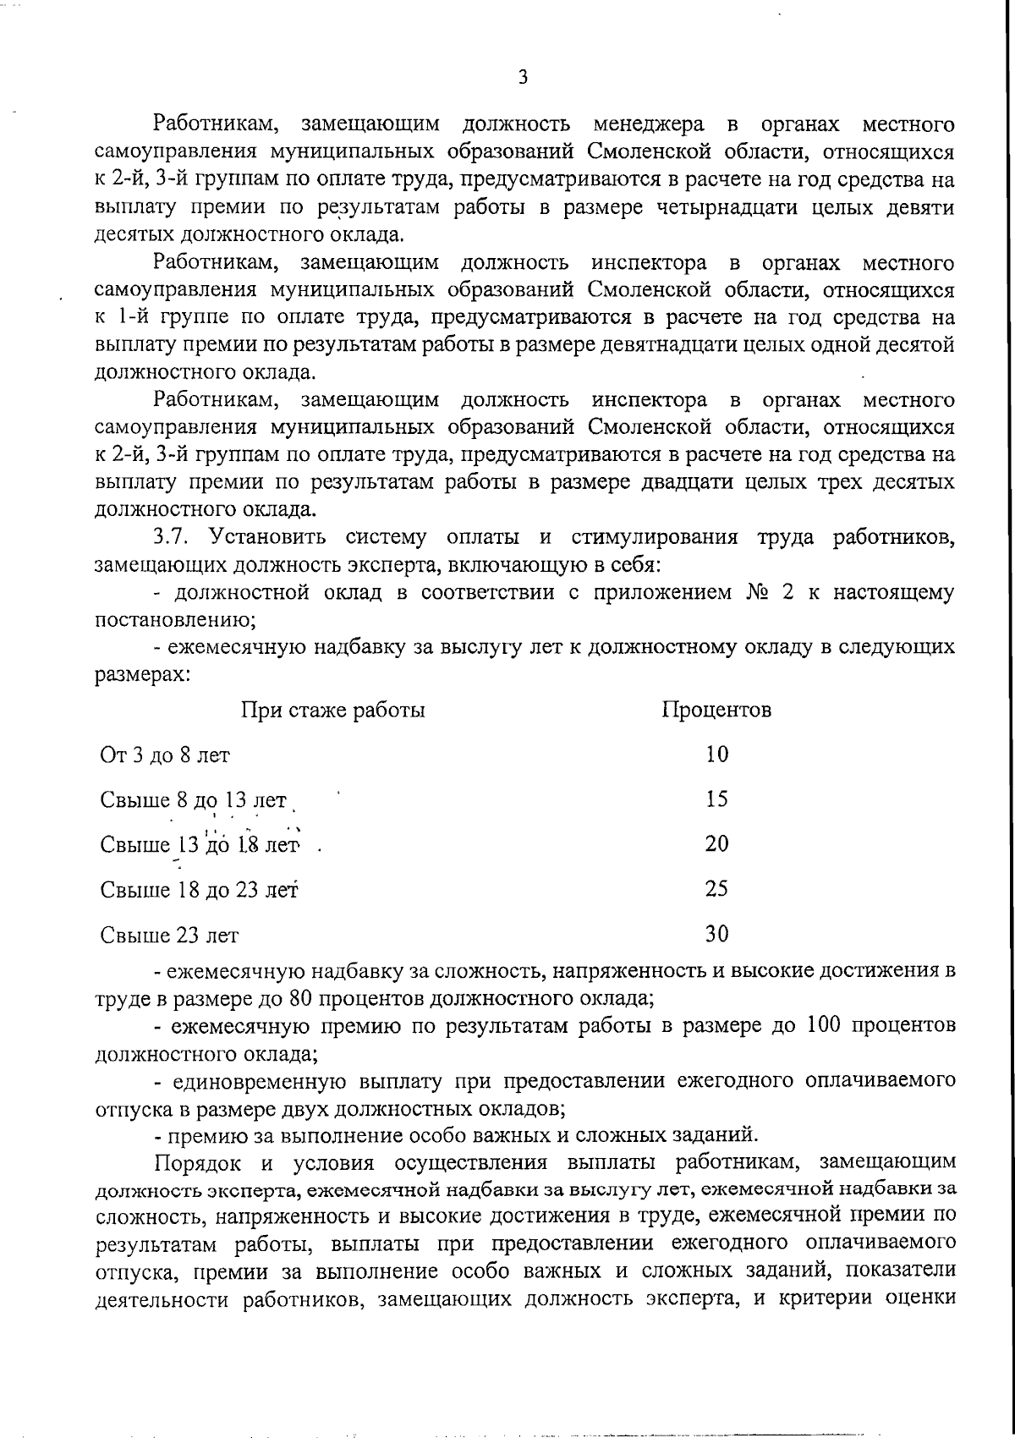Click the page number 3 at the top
pos(523,78)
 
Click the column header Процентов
pos(716,710)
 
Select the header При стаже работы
pos(333,710)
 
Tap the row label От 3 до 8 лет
pos(164,755)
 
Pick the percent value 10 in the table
pos(716,754)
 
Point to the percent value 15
pos(716,799)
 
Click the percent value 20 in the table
pos(716,843)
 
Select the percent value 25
pos(716,888)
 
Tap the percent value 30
pos(716,933)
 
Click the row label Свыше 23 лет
pos(169,936)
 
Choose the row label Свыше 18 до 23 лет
pos(200,890)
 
